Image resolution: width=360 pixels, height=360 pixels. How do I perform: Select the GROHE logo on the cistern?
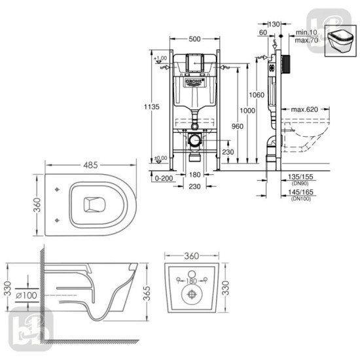pos(194,81)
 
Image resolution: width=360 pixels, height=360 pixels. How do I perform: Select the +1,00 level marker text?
pos(160,59)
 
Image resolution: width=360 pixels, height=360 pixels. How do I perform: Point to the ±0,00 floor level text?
pos(160,158)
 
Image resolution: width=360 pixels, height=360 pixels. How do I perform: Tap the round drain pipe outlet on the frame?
pos(194,139)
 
